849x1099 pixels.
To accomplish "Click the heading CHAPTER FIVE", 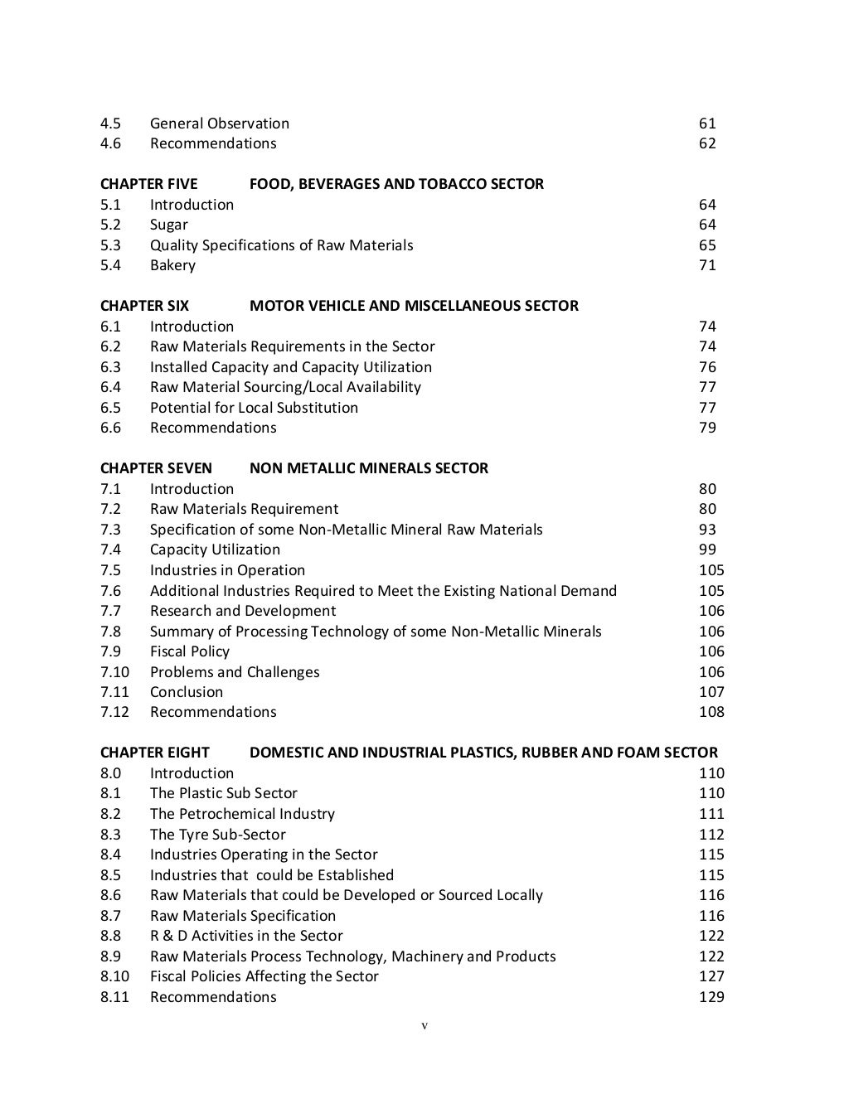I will pos(148,184).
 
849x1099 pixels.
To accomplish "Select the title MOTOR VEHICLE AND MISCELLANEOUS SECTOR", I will pos(414,306).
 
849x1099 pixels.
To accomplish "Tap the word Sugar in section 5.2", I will pos(168,225).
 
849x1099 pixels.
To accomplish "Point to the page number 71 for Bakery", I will pos(707,265).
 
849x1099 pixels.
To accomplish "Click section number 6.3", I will pos(110,367).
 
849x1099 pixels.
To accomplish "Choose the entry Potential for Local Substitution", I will pos(254,408).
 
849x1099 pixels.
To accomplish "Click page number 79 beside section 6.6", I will pos(707,428).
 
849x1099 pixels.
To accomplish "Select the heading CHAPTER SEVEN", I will pos(156,468).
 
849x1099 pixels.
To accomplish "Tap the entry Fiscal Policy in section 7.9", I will pos(189,651).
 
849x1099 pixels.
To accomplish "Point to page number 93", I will pos(707,530).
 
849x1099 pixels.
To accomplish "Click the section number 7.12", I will pos(114,712).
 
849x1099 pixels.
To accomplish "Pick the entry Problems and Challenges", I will pos(234,672).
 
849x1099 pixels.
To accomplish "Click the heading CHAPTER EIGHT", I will pos(154,753).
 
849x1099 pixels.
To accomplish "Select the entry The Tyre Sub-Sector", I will pos(217,835).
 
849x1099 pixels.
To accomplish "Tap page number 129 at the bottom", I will pos(711,997).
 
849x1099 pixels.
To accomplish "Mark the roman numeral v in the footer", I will pos(424,1026).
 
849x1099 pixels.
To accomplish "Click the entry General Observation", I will pos(219,123).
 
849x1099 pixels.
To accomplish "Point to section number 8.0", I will pos(110,773).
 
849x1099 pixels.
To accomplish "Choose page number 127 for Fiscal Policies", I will pos(711,976).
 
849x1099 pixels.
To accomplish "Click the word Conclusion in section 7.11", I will pos(186,692).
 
